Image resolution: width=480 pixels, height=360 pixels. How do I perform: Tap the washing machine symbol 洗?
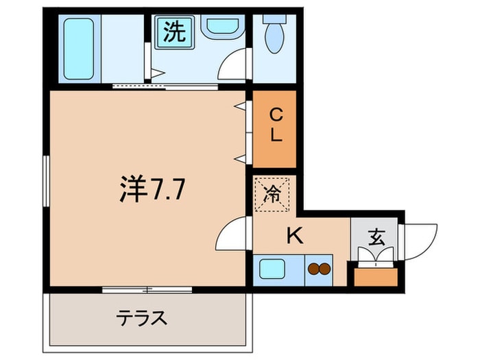(x=173, y=32)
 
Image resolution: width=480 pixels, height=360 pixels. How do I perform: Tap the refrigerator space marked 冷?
(x=272, y=194)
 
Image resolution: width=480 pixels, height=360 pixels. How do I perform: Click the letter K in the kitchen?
(x=294, y=236)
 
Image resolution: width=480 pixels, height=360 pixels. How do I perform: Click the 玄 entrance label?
(x=376, y=238)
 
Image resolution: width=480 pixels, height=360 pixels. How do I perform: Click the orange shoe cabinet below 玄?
(x=375, y=276)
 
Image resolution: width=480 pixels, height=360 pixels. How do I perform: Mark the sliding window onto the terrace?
(x=147, y=289)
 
